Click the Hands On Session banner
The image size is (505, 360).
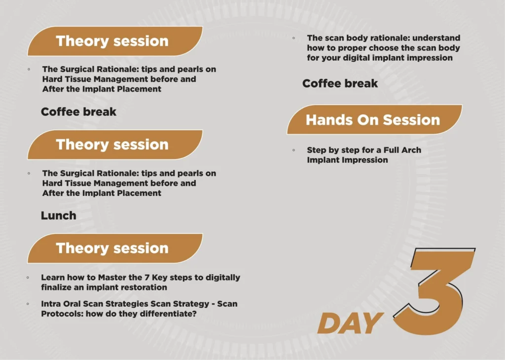(x=374, y=119)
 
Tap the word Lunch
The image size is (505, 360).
(x=59, y=216)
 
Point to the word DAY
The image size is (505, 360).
(x=351, y=323)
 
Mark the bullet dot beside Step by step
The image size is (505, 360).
(x=294, y=150)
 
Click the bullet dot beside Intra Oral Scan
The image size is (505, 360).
(x=28, y=304)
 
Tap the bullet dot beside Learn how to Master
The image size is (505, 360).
(x=28, y=277)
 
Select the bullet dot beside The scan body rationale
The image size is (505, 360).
(x=294, y=38)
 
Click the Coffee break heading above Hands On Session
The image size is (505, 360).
(x=340, y=83)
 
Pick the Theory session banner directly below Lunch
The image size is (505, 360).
(x=115, y=248)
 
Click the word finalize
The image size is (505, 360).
(x=56, y=287)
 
